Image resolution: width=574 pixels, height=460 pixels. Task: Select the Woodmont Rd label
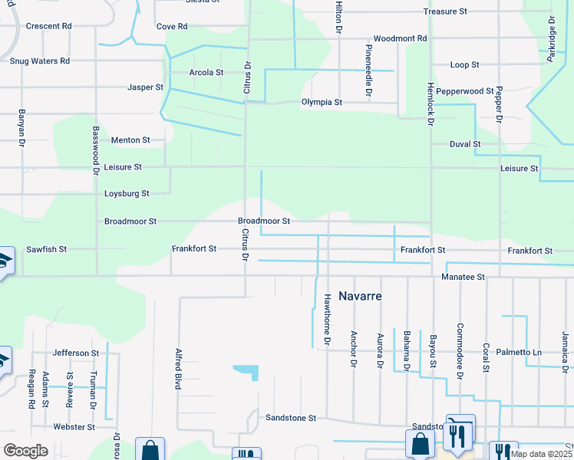[400, 38]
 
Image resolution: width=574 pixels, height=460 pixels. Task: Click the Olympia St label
[322, 101]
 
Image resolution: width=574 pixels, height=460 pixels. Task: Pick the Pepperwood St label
[462, 91]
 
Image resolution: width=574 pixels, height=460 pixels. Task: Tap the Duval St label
[466, 143]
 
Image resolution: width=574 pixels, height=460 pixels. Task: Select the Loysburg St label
[127, 194]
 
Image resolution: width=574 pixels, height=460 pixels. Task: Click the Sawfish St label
[47, 250]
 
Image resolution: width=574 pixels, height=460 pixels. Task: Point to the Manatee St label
[463, 276]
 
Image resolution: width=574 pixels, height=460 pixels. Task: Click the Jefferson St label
[76, 353]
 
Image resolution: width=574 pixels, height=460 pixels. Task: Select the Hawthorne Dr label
[327, 318]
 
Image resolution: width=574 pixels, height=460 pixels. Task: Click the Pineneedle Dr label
[369, 70]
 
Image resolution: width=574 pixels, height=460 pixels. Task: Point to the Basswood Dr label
[97, 149]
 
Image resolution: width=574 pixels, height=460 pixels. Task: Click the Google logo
[25, 451]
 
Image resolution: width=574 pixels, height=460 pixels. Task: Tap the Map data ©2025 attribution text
[541, 454]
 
